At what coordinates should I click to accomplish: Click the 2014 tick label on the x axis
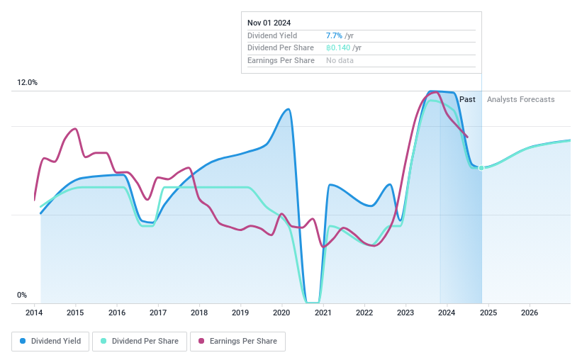coord(35,313)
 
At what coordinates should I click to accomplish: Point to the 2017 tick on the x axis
coord(158,313)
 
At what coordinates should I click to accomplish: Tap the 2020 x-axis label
coord(281,313)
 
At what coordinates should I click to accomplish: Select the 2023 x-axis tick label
coord(405,313)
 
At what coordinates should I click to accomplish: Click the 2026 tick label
coord(529,313)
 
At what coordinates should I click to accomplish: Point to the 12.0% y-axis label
coord(27,83)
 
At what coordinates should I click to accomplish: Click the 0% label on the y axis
coord(22,295)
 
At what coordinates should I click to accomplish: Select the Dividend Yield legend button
coord(50,341)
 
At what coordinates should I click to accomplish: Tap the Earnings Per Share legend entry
coord(238,341)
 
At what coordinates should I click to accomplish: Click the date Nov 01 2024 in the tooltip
coord(269,23)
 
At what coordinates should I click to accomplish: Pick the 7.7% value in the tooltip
coord(334,35)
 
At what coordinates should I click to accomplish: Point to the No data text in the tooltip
coord(340,60)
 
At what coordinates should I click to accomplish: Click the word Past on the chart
coord(467,99)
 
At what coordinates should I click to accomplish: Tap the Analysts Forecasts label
coord(520,99)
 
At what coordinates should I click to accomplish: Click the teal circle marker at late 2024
coord(481,168)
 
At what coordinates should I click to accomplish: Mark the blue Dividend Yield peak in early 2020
coord(287,109)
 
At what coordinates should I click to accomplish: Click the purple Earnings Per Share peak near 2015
coord(74,129)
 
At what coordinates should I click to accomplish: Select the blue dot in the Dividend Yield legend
coord(23,341)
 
